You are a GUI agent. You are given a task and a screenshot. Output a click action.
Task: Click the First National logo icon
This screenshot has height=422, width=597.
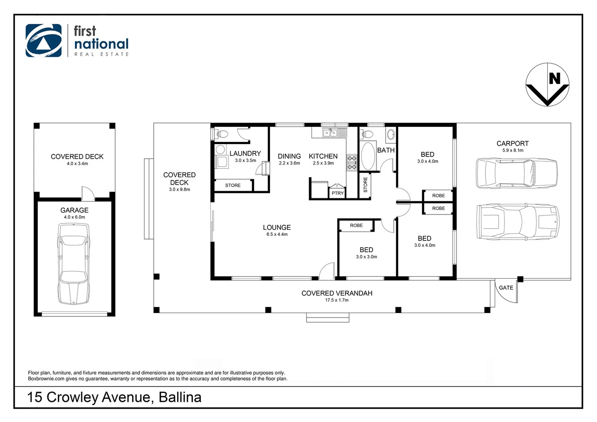pyautogui.click(x=43, y=41)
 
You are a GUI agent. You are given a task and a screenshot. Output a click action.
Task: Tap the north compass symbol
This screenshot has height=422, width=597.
pyautogui.click(x=547, y=84)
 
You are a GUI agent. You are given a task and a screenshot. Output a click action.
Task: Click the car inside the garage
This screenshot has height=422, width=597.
pyautogui.click(x=74, y=263)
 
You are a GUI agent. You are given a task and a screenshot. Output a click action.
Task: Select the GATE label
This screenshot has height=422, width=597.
pyautogui.click(x=506, y=288)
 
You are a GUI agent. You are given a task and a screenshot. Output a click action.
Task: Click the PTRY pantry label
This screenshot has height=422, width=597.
pyautogui.click(x=337, y=193)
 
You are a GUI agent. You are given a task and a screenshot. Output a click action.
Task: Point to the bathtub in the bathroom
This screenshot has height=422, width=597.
pyautogui.click(x=367, y=156)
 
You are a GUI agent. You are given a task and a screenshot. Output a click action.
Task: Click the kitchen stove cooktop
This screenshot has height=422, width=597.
pyautogui.click(x=352, y=163)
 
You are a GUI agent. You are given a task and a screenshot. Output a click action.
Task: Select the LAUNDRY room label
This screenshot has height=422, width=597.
pyautogui.click(x=245, y=154)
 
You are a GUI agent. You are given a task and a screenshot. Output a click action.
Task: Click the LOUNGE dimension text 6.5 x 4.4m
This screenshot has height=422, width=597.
pyautogui.click(x=277, y=234)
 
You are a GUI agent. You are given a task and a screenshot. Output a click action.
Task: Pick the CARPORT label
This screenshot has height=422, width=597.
pyautogui.click(x=512, y=143)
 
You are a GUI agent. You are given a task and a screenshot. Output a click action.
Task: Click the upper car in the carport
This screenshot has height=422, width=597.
pyautogui.click(x=516, y=173)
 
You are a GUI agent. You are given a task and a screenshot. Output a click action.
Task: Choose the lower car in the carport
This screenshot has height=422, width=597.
pyautogui.click(x=517, y=222)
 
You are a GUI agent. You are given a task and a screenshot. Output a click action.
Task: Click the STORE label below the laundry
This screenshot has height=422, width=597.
pyautogui.click(x=233, y=186)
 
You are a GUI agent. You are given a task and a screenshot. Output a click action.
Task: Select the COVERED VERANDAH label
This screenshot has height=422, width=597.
pyautogui.click(x=337, y=293)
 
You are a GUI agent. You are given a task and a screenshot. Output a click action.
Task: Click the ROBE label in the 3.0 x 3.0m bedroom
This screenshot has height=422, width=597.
pyautogui.click(x=356, y=225)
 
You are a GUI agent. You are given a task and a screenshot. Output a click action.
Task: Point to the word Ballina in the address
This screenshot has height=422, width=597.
pyautogui.click(x=180, y=397)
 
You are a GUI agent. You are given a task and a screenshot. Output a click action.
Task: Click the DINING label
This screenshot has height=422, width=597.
pyautogui.click(x=289, y=156)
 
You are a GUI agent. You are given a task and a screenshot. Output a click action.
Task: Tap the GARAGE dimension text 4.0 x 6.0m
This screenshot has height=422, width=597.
pyautogui.click(x=74, y=217)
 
